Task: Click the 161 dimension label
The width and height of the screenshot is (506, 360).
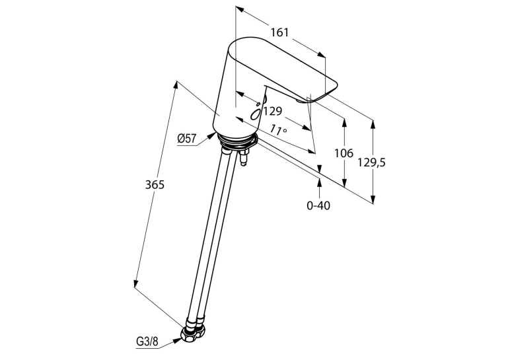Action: tap(279, 32)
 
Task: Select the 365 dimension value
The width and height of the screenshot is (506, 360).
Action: tap(155, 185)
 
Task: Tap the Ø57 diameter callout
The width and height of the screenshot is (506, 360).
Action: tap(186, 139)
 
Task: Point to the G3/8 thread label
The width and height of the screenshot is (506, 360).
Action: tap(147, 342)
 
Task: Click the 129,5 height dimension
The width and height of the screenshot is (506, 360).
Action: tap(371, 162)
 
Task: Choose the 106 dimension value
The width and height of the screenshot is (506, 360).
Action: tap(343, 153)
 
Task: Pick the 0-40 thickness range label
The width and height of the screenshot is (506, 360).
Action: tap(318, 205)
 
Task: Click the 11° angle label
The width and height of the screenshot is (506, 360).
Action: tap(279, 129)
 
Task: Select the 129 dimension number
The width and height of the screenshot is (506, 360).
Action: tap(273, 111)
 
